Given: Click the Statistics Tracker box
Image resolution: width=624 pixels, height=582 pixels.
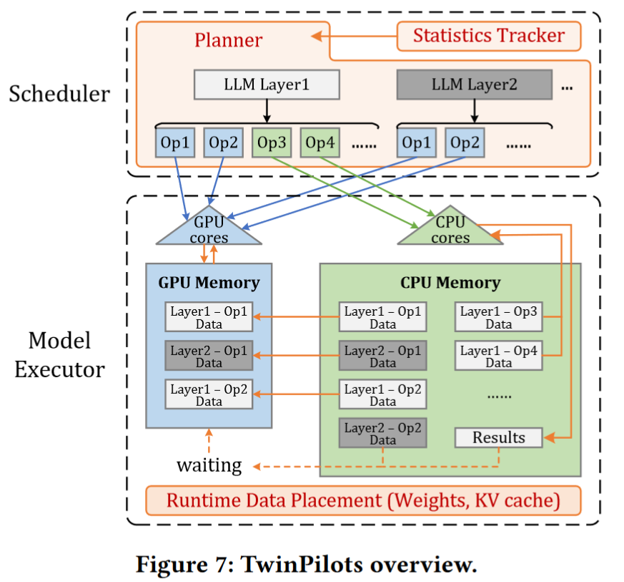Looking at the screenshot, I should click(x=489, y=36).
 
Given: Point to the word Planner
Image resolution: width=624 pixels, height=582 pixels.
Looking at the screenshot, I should click(x=228, y=39).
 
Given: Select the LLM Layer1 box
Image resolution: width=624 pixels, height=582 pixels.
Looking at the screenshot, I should click(x=267, y=85).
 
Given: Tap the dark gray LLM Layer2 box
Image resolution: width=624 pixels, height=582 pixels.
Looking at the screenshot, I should click(x=474, y=85).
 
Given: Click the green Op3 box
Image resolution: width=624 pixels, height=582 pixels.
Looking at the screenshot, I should click(x=271, y=142).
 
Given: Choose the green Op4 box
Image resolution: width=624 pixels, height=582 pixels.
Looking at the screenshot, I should click(x=320, y=142).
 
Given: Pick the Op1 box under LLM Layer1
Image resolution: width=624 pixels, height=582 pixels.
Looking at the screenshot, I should click(x=174, y=142).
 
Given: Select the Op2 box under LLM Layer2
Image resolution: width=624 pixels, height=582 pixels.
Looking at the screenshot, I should click(x=464, y=142).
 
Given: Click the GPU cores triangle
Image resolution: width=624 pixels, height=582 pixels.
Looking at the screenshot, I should click(x=209, y=229).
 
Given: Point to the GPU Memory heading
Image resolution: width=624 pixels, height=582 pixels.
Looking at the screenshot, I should click(x=209, y=282).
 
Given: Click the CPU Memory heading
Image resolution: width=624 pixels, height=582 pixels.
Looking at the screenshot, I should click(x=450, y=282).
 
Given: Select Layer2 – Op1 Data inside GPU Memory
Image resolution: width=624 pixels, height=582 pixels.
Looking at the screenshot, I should click(x=209, y=357).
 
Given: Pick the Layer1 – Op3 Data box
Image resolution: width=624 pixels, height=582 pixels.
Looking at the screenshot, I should click(x=498, y=318).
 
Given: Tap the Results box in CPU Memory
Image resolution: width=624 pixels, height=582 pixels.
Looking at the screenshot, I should click(x=498, y=437).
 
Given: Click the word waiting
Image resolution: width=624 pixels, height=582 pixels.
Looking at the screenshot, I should click(x=209, y=465).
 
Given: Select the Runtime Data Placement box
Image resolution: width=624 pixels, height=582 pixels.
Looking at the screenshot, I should click(x=363, y=500).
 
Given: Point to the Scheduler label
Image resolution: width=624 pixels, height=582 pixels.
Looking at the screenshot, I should click(x=59, y=94).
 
